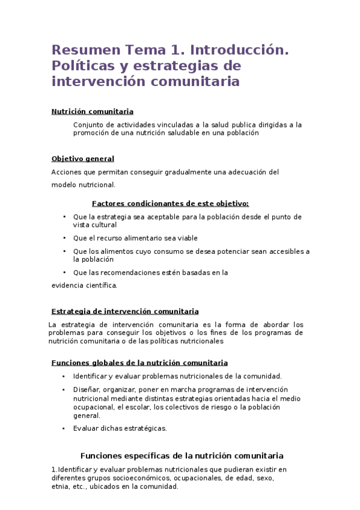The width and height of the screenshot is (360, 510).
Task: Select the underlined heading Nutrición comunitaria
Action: [x=92, y=111]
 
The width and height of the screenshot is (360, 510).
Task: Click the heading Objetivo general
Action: [x=82, y=159]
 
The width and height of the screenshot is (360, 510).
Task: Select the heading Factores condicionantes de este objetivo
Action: [x=170, y=203]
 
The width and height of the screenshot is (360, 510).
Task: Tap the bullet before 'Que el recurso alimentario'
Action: [x=65, y=238]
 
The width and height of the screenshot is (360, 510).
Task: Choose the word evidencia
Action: [x=69, y=285]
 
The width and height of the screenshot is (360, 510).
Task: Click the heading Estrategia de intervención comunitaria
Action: [x=125, y=312]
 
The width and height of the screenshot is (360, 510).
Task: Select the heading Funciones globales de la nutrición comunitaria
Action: [x=139, y=363]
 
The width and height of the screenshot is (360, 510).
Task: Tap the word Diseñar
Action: [x=87, y=389]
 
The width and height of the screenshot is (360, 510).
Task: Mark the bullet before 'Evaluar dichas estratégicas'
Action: [x=65, y=428]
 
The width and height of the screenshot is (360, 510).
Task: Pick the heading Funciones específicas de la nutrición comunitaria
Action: [x=182, y=456]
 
